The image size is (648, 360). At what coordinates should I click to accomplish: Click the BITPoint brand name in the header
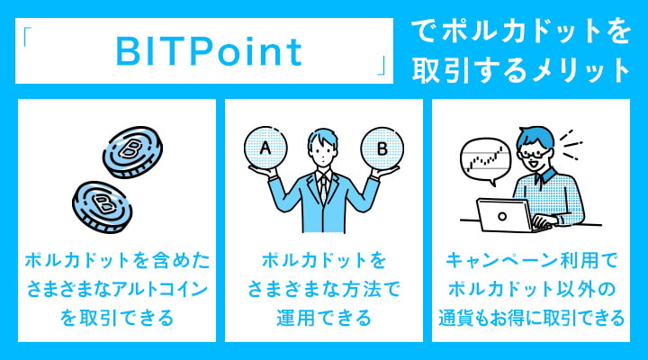208,52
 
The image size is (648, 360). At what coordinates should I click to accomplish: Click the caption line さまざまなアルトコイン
117,289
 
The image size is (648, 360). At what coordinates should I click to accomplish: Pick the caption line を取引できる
117,318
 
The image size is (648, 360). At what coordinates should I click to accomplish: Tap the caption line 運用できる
324,318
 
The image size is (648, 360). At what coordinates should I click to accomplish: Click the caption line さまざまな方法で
324,289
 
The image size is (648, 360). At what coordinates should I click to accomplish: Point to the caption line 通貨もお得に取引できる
531,318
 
